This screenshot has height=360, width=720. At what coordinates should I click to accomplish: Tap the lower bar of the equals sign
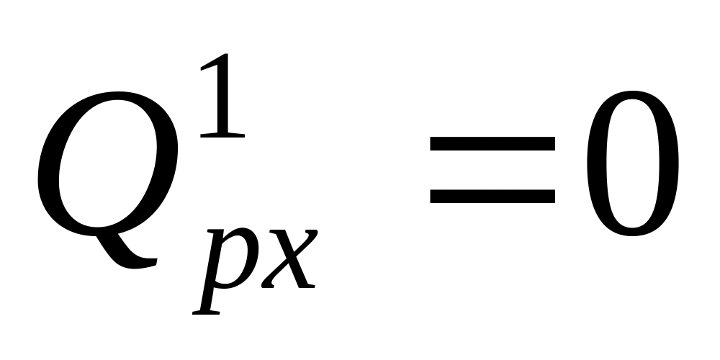(492, 195)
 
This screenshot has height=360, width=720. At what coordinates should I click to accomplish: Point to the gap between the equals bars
(492, 168)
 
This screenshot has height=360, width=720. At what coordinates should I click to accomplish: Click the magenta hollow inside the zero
(632, 167)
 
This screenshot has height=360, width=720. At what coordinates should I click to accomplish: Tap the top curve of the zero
(632, 95)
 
